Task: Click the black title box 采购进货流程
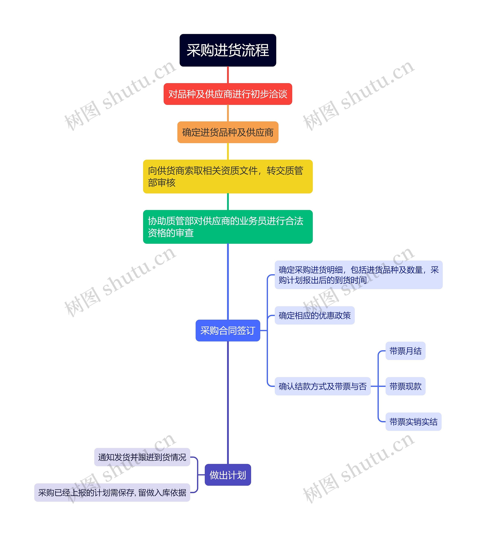click(x=228, y=50)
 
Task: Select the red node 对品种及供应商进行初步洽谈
click(x=228, y=94)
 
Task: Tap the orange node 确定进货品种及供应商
click(x=228, y=132)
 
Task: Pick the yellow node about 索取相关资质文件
click(x=228, y=176)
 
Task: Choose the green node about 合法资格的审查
click(x=228, y=227)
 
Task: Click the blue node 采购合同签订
click(x=228, y=330)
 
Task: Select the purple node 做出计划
click(x=228, y=475)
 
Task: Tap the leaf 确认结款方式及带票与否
click(x=323, y=386)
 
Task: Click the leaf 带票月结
click(x=405, y=351)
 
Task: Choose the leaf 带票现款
click(x=405, y=386)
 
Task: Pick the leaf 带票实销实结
click(x=413, y=422)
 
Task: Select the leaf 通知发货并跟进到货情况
click(x=142, y=457)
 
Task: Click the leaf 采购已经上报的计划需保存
click(x=112, y=492)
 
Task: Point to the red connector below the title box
click(x=228, y=75)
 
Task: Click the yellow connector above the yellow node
click(x=228, y=151)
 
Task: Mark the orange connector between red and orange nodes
click(x=228, y=113)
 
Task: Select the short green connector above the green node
click(x=228, y=202)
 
